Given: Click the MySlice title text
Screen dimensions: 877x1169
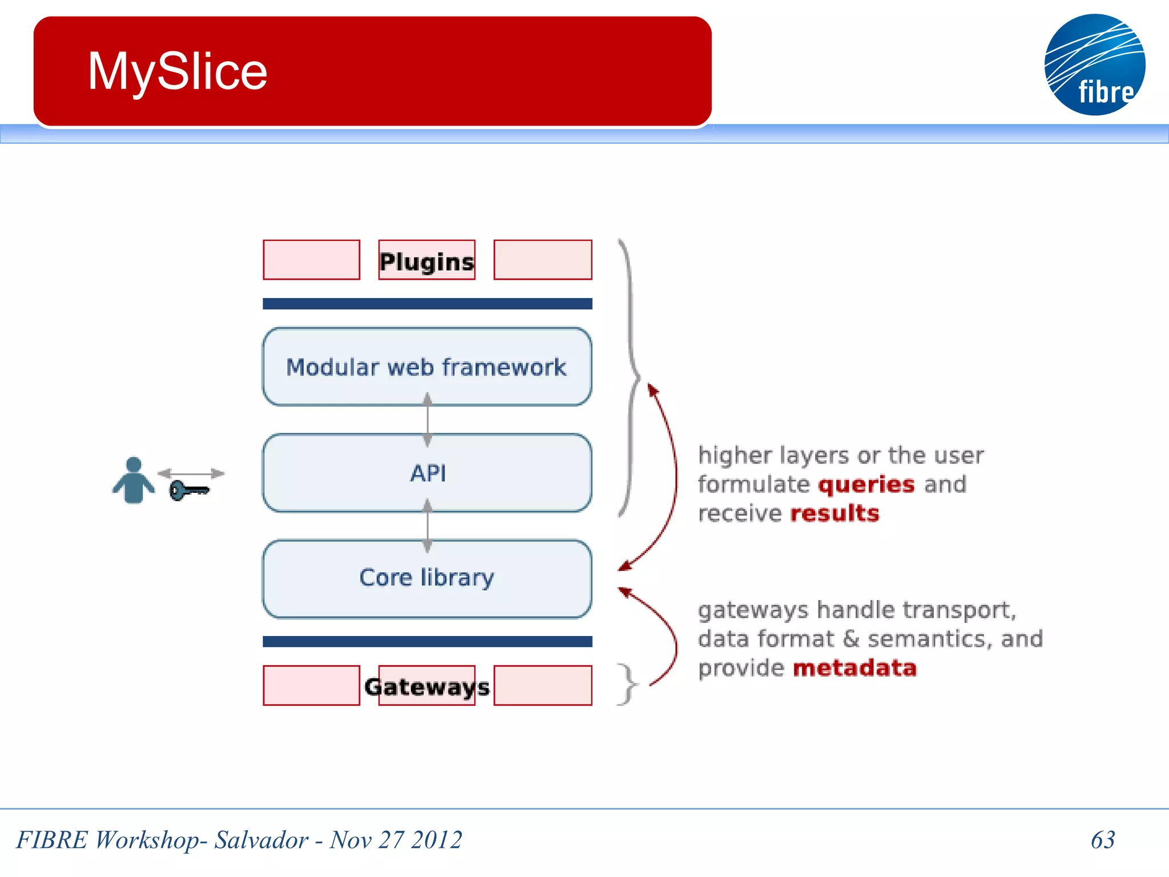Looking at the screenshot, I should tap(177, 71).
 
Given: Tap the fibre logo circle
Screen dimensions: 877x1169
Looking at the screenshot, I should tap(1094, 65).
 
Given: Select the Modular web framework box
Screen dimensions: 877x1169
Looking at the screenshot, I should tap(426, 367).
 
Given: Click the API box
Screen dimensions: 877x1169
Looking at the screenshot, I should tap(426, 473).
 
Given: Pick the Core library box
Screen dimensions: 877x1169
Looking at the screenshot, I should tap(426, 578).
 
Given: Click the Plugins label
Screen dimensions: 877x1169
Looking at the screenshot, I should tap(426, 262).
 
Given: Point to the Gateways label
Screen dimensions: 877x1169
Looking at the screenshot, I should tap(426, 686).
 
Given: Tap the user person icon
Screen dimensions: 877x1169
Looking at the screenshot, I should tap(133, 480).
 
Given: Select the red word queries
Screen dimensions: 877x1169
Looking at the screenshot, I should tap(866, 484).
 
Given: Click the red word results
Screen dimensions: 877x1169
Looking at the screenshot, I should tap(835, 513).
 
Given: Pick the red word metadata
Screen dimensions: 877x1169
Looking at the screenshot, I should tap(854, 667).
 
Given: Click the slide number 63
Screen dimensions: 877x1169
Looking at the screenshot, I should tap(1102, 839).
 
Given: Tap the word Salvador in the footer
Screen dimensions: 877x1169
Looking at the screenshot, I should tap(261, 839).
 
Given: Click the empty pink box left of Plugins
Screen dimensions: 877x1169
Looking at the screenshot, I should tap(311, 260).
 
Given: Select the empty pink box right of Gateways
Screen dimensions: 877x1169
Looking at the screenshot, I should tap(542, 685).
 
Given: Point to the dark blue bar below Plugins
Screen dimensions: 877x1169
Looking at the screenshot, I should tap(427, 304).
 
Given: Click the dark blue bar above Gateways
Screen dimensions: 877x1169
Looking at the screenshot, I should tap(427, 641).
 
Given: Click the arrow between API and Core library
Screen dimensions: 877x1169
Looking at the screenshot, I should tap(427, 526).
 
